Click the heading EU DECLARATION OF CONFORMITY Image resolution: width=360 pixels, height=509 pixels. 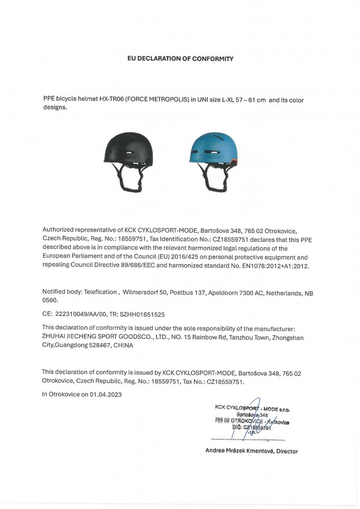(180, 59)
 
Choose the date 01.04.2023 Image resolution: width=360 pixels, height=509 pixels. (106, 394)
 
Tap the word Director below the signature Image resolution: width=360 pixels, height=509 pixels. (287, 451)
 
